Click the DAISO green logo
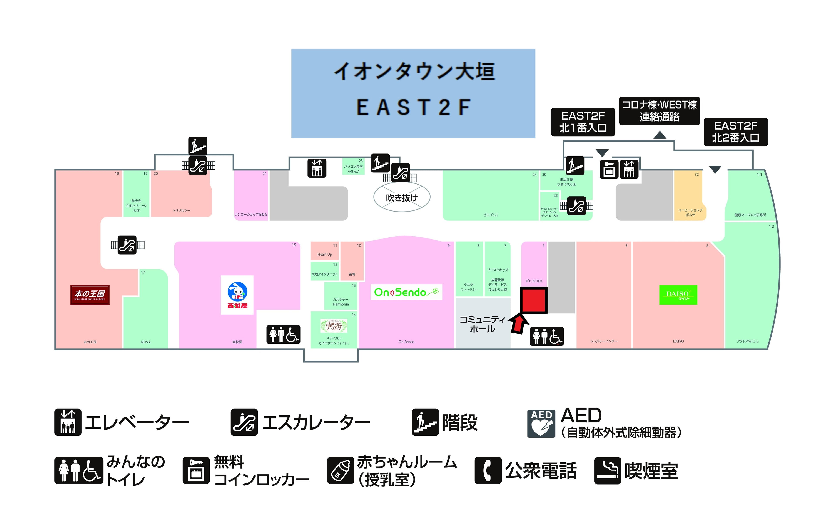[x=678, y=295]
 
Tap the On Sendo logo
[x=406, y=292]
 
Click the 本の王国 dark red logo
[x=90, y=295]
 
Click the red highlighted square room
[x=533, y=300]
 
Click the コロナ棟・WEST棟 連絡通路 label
[x=659, y=111]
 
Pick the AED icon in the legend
[x=541, y=423]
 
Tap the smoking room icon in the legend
[x=607, y=470]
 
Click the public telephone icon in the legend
[x=488, y=470]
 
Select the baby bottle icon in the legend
[x=340, y=470]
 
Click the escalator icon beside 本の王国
[x=127, y=245]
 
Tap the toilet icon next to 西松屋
[x=283, y=335]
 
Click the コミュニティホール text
[x=482, y=324]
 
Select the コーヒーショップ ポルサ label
[x=690, y=212]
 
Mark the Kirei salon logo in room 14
[x=334, y=326]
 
